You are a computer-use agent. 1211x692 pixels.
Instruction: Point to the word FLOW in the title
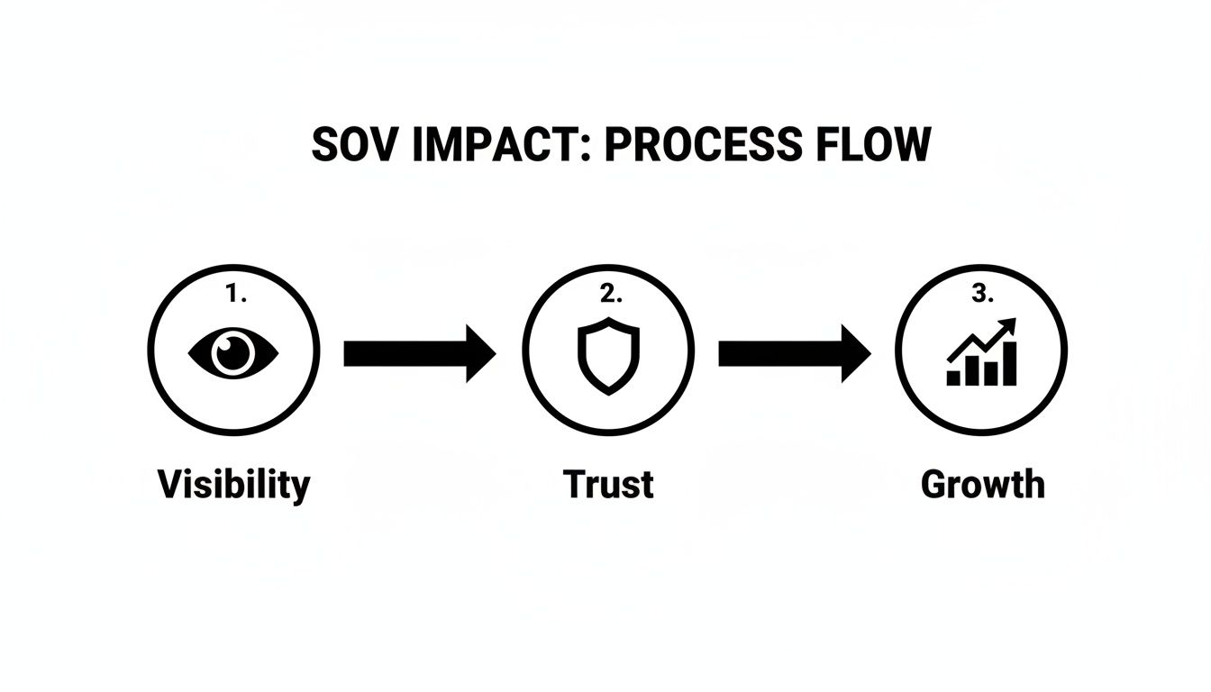tap(873, 146)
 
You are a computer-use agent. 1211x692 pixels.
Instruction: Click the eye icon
tap(233, 351)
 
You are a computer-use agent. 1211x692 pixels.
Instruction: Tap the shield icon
tap(609, 354)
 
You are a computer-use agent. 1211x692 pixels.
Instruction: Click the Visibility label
tap(233, 485)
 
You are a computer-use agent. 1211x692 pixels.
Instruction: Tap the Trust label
tap(609, 485)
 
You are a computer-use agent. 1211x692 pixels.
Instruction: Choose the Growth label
tap(982, 485)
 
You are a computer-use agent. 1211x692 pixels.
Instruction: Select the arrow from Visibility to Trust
tap(419, 353)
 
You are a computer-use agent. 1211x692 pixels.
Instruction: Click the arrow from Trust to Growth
tap(794, 353)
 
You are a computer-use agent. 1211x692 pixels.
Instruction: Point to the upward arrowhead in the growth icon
tap(1007, 325)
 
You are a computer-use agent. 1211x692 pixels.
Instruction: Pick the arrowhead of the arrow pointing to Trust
tap(481, 353)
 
